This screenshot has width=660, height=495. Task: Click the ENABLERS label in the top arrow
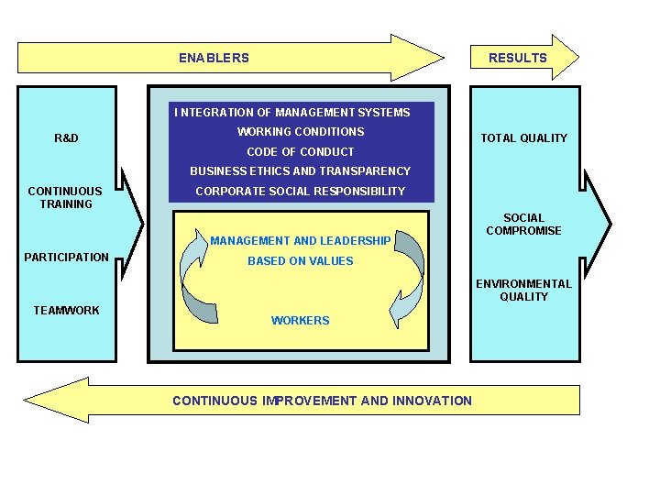214,58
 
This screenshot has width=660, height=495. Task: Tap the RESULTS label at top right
517,58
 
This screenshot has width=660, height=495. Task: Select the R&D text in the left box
66,138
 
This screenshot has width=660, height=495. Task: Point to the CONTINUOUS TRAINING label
65,198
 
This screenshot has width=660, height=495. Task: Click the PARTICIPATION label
66,258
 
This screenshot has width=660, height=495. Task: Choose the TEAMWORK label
66,311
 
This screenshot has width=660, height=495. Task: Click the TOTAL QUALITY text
524,138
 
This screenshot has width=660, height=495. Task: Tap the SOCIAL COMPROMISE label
523,225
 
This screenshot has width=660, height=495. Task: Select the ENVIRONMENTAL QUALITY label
523,291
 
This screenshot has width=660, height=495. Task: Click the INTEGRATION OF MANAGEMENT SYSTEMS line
292,113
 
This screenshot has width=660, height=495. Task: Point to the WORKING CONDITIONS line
301,132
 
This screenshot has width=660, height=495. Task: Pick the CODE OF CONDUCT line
301,152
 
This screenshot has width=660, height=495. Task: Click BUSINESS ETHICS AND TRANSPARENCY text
300,171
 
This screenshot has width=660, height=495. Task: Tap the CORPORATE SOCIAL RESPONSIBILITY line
300,192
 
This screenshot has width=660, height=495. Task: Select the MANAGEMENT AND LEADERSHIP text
300,241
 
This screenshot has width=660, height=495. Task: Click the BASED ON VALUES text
300,261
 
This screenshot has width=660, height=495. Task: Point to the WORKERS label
300,321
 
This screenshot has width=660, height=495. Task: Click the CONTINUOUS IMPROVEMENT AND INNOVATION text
322,401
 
